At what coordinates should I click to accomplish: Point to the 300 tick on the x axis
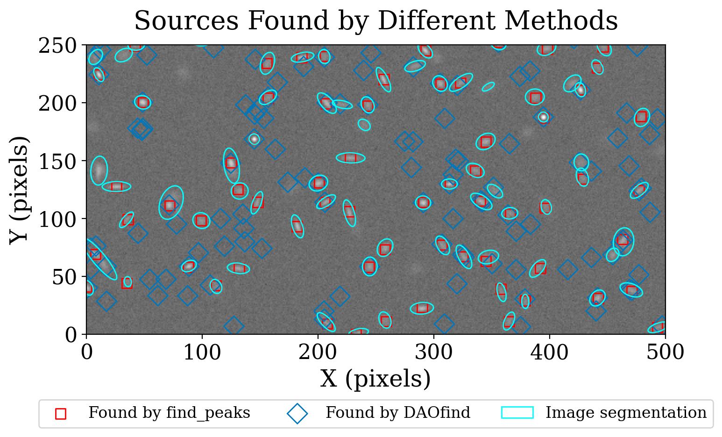click(434, 352)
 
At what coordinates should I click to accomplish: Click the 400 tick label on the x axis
click(550, 352)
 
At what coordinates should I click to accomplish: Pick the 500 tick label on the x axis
click(665, 352)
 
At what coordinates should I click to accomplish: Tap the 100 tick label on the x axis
click(202, 352)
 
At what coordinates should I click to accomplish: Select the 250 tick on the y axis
click(59, 46)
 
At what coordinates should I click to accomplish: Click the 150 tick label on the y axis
click(59, 162)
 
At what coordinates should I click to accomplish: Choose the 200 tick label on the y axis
click(59, 104)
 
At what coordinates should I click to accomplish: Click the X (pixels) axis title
click(375, 379)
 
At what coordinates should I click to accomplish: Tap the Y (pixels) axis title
click(20, 190)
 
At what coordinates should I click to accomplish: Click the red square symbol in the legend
click(61, 414)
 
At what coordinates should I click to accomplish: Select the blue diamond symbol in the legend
click(297, 414)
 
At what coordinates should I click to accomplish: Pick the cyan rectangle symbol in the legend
click(517, 413)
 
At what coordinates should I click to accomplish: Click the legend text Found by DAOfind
click(398, 413)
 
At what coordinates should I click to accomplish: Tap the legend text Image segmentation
click(626, 413)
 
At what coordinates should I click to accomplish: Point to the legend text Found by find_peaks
click(169, 413)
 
